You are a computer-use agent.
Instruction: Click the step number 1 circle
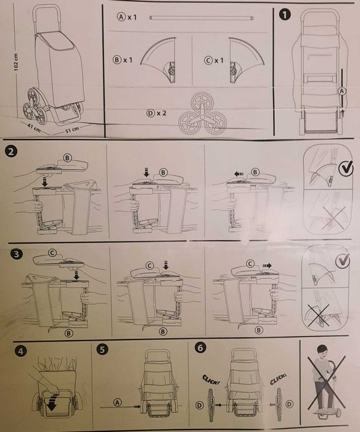click(x=285, y=15)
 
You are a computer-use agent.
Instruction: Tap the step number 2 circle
click(x=10, y=152)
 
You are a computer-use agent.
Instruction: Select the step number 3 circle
click(x=16, y=254)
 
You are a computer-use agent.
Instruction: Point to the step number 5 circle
click(x=102, y=350)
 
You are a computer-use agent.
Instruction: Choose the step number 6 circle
click(x=200, y=347)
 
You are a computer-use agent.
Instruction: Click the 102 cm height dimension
click(x=15, y=62)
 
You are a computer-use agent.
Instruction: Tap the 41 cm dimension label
click(x=34, y=128)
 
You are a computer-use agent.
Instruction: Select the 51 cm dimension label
click(x=72, y=130)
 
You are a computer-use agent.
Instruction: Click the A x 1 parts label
click(x=127, y=17)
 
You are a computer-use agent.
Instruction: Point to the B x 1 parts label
click(x=123, y=60)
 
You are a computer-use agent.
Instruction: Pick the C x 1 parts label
click(x=214, y=60)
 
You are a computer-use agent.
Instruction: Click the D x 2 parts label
click(x=157, y=113)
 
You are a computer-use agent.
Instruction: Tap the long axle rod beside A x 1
click(x=202, y=18)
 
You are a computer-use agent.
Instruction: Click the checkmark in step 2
click(x=345, y=168)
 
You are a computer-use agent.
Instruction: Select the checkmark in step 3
click(x=343, y=260)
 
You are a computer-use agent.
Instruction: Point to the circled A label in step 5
click(x=118, y=402)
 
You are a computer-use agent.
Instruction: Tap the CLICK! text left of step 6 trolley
click(x=211, y=380)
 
